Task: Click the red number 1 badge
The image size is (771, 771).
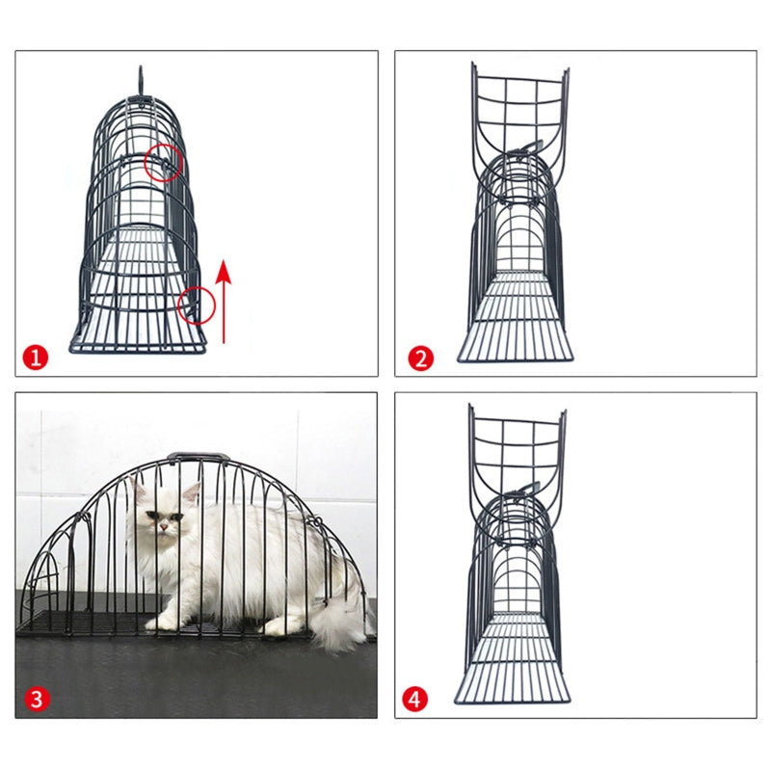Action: [x=36, y=359]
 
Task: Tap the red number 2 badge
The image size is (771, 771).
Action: [x=420, y=359]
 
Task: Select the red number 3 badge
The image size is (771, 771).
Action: [x=36, y=699]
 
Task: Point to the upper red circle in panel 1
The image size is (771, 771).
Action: [x=163, y=164]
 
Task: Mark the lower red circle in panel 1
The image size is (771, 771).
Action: [x=196, y=306]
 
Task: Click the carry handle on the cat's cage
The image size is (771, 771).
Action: [x=198, y=459]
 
